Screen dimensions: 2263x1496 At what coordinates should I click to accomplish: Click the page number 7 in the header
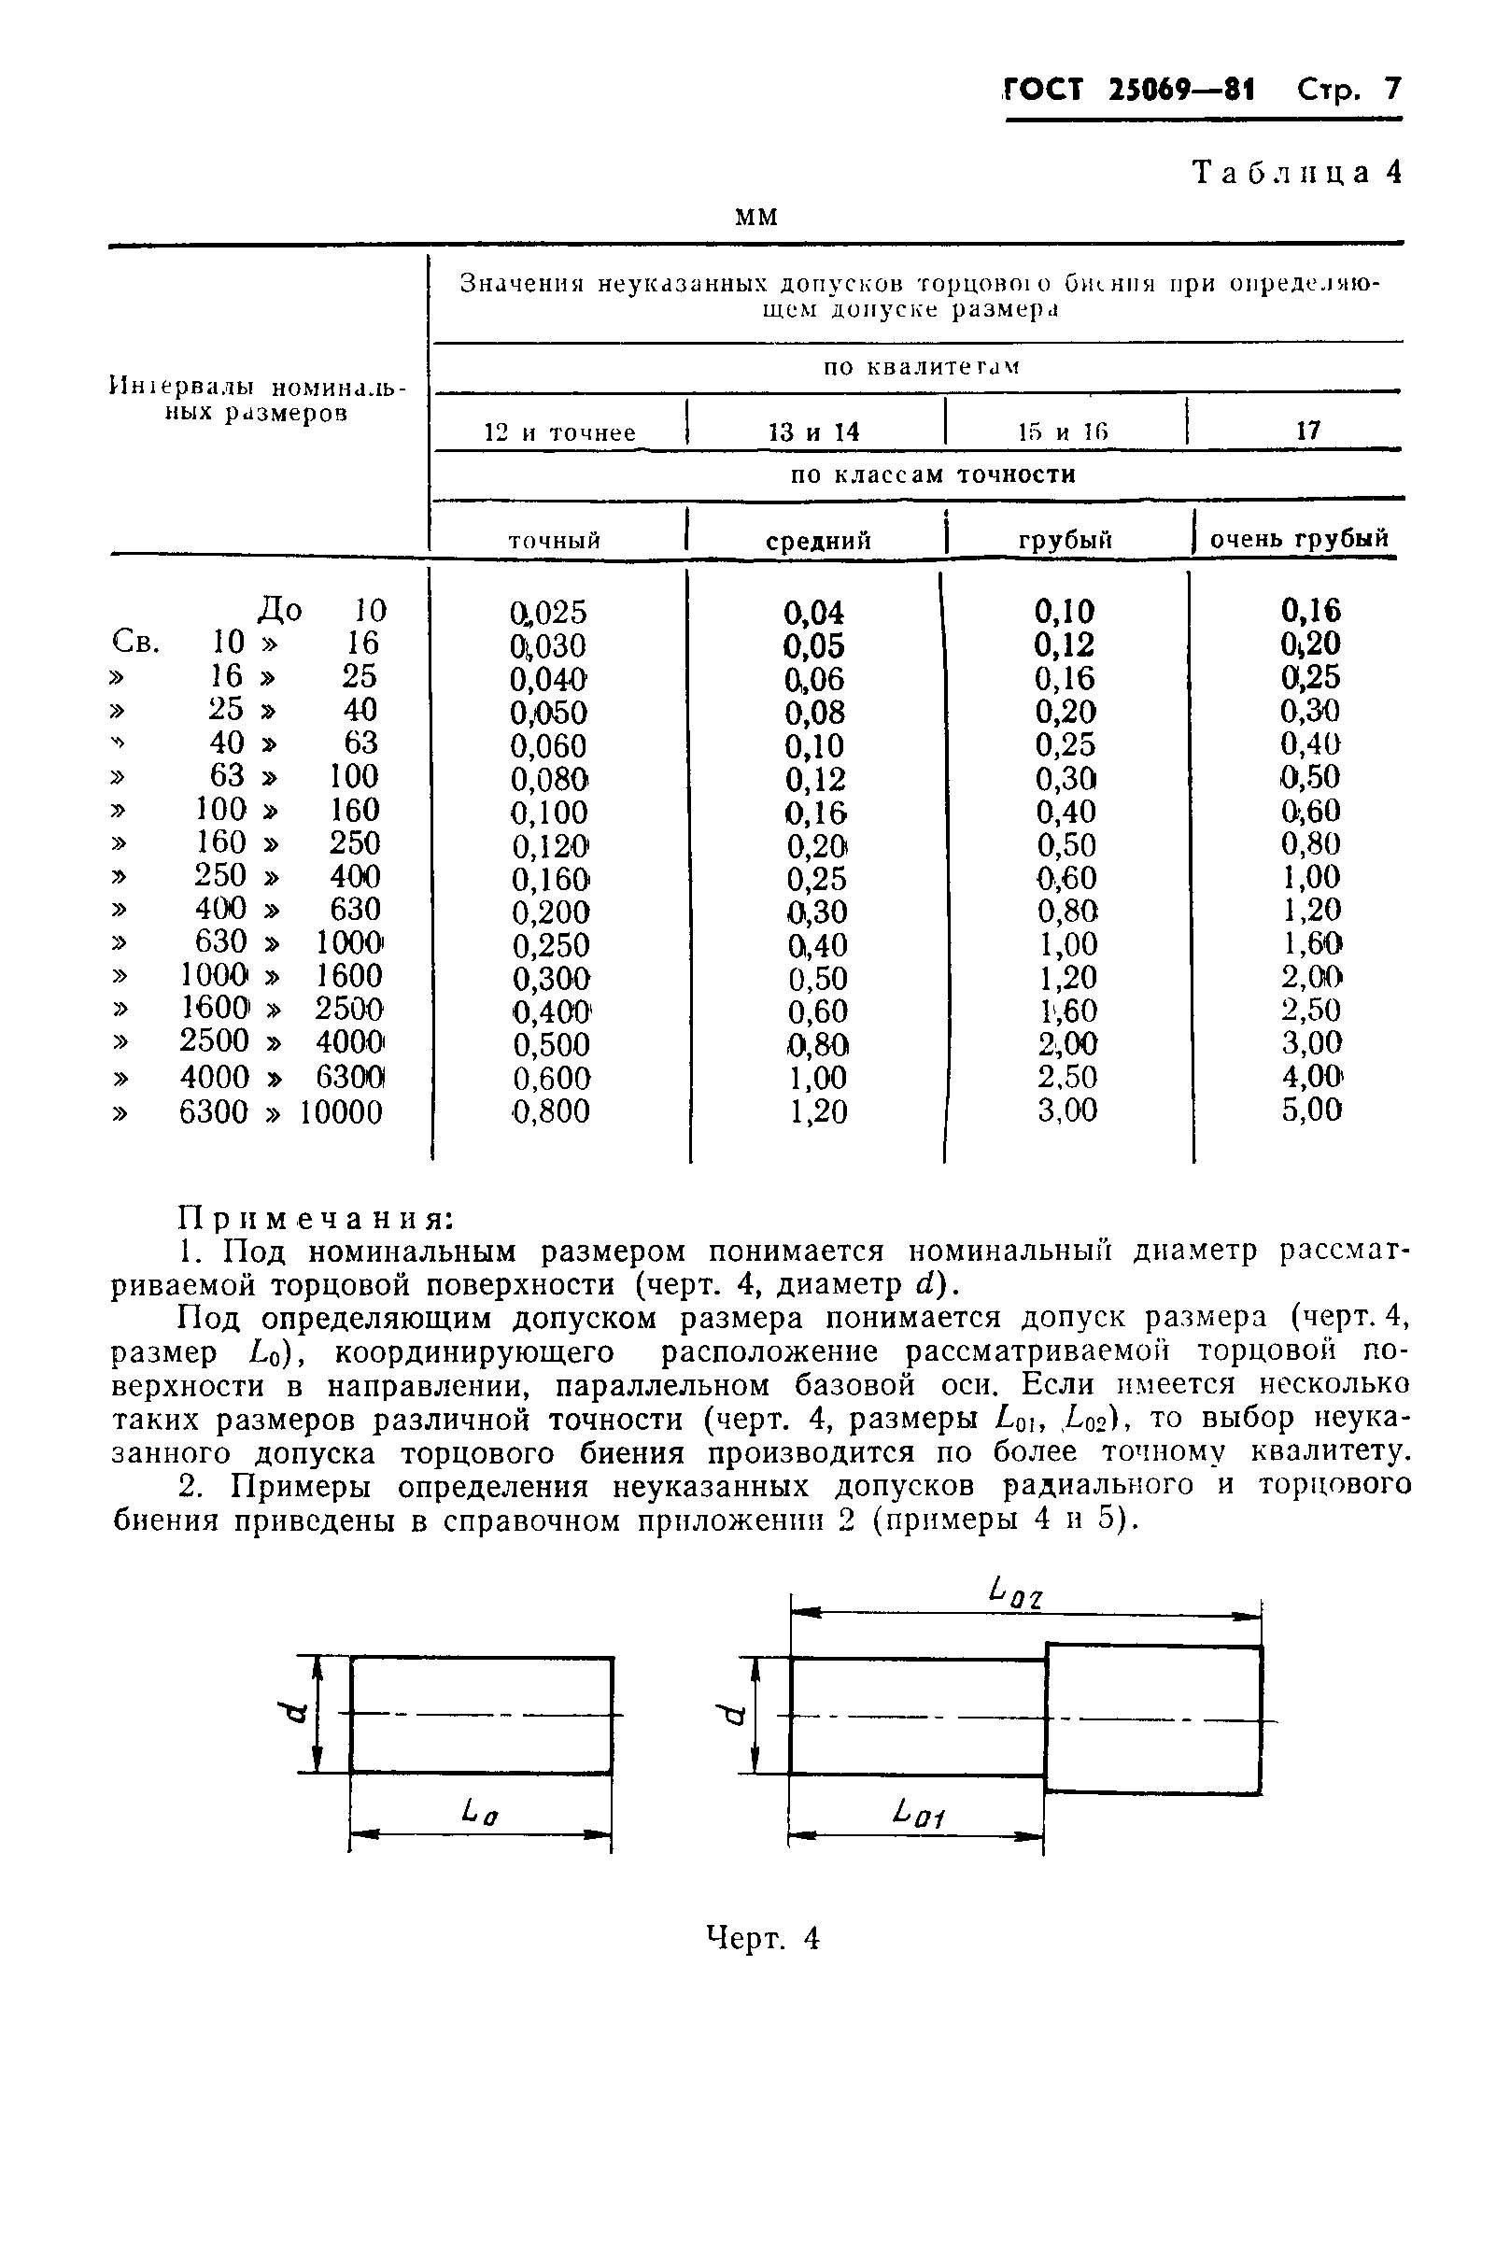1392,90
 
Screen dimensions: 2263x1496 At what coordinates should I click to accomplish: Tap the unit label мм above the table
756,218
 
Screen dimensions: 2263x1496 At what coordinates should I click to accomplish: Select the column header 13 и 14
813,432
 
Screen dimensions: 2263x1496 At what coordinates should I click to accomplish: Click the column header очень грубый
1299,539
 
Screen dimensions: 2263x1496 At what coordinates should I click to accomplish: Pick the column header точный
555,541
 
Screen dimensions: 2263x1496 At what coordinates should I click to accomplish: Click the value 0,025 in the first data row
548,612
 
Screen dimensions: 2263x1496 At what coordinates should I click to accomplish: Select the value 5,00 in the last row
1311,1110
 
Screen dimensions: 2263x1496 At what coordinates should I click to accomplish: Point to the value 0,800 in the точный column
551,1111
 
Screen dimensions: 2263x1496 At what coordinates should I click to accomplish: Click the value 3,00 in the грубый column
1066,1110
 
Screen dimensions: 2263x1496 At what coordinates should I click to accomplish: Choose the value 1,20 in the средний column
818,1111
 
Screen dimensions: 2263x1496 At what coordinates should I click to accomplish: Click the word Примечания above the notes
316,1218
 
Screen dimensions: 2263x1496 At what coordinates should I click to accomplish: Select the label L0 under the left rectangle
479,1810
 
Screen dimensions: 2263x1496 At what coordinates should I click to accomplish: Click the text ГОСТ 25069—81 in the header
1131,91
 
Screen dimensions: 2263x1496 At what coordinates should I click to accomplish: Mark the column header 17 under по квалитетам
1307,431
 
